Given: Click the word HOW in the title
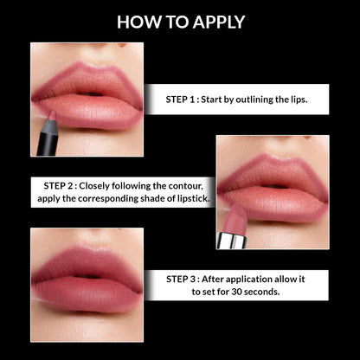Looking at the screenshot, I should [x=137, y=22].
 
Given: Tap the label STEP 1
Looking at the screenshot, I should [x=185, y=100].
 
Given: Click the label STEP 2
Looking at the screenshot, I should [x=62, y=185].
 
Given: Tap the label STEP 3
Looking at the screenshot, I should [x=186, y=280].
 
